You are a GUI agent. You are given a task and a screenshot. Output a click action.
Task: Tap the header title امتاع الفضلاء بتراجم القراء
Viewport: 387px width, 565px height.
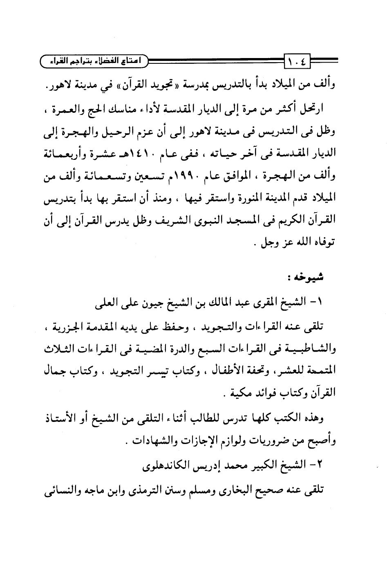tap(96, 62)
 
